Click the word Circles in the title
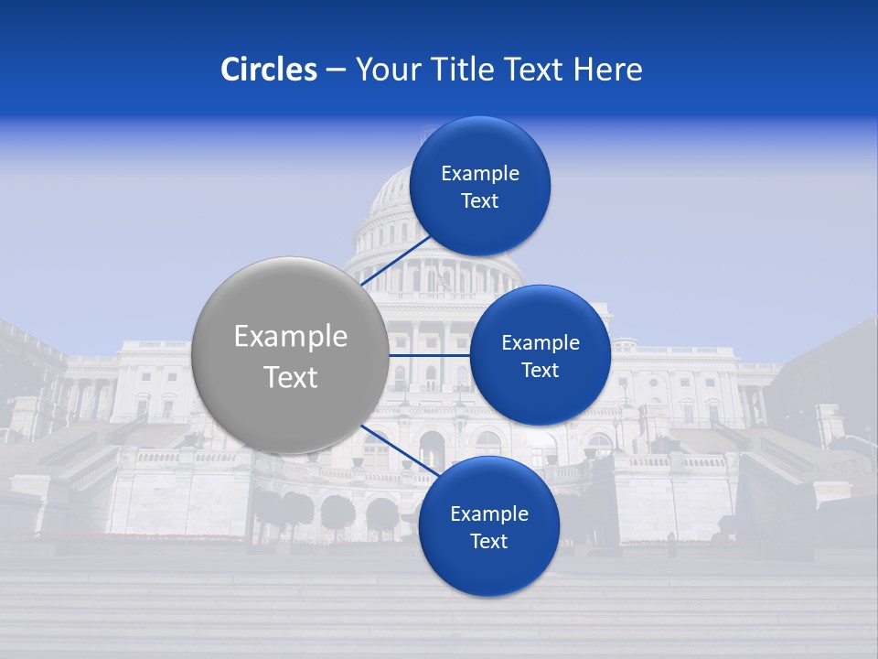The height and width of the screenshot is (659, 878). pyautogui.click(x=268, y=70)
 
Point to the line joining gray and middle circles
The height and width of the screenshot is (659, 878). pyautogui.click(x=429, y=355)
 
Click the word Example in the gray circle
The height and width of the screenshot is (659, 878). pyautogui.click(x=291, y=337)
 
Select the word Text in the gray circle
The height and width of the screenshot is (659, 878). pyautogui.click(x=291, y=377)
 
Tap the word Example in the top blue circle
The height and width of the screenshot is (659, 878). pyautogui.click(x=480, y=174)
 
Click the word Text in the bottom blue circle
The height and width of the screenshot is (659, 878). pyautogui.click(x=488, y=542)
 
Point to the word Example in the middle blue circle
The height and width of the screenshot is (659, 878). pyautogui.click(x=541, y=343)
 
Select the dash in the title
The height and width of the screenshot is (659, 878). pyautogui.click(x=336, y=70)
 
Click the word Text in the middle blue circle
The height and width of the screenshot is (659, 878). pyautogui.click(x=540, y=371)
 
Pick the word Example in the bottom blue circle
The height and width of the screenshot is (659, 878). pyautogui.click(x=489, y=514)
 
